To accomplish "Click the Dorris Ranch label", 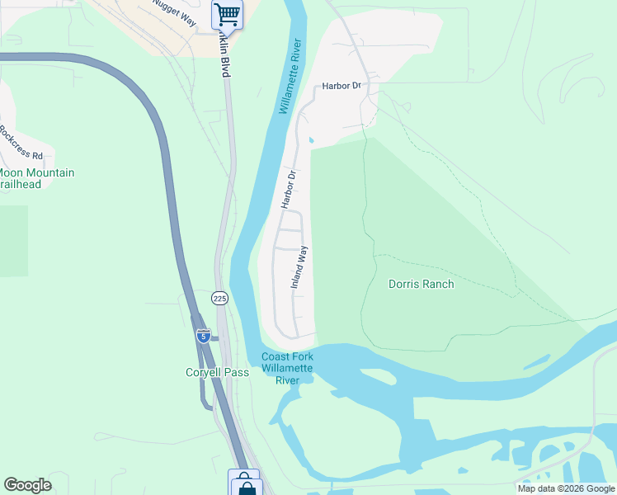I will coord(421,284).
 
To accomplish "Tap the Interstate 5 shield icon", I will coord(203,336).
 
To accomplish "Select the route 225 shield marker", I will coord(219,297).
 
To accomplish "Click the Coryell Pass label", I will coord(217,372).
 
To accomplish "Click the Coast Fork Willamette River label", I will coord(286,368).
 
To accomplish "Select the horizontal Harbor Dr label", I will coord(342,86).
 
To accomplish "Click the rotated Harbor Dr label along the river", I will coord(287,189).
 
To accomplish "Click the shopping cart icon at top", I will coord(227,13).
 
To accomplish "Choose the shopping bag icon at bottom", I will coord(245,483).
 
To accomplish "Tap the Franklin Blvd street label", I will coord(224,59).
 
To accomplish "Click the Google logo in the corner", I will coord(27,485).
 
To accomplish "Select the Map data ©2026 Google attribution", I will coord(566,488).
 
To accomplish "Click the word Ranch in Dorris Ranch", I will coord(438,284).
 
